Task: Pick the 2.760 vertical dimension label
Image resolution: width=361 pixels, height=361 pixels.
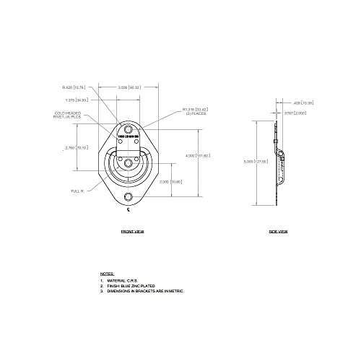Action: coord(77,147)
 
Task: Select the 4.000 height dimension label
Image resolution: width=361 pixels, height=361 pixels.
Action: coord(206,155)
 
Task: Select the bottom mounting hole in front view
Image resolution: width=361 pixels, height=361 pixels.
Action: coord(129,197)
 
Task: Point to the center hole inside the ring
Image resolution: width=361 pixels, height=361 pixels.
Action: coord(129,164)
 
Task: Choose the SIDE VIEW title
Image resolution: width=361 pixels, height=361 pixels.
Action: coord(279,232)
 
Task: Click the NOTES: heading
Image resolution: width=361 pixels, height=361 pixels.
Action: coord(106,274)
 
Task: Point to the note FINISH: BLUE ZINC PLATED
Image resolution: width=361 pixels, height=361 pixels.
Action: coord(137,286)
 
